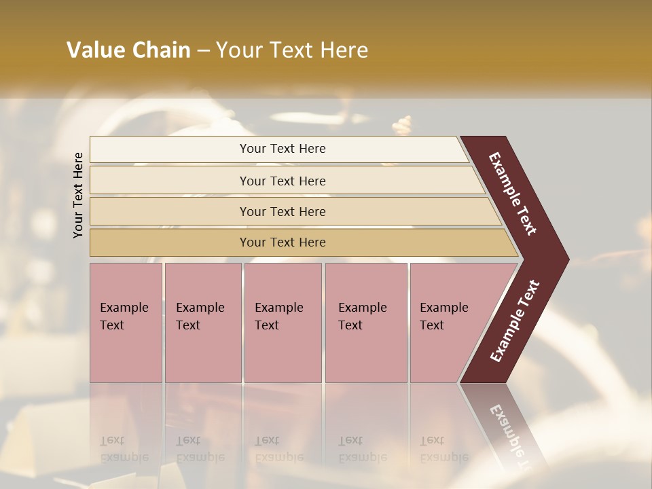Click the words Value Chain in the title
tap(128, 50)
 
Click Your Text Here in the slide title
tap(292, 50)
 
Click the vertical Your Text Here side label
tap(78, 196)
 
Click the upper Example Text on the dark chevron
tap(513, 194)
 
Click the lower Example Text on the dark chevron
tap(514, 321)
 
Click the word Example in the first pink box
tap(124, 308)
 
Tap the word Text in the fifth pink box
tap(431, 325)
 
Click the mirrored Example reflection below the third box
tap(278, 457)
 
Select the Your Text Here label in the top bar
tap(283, 149)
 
